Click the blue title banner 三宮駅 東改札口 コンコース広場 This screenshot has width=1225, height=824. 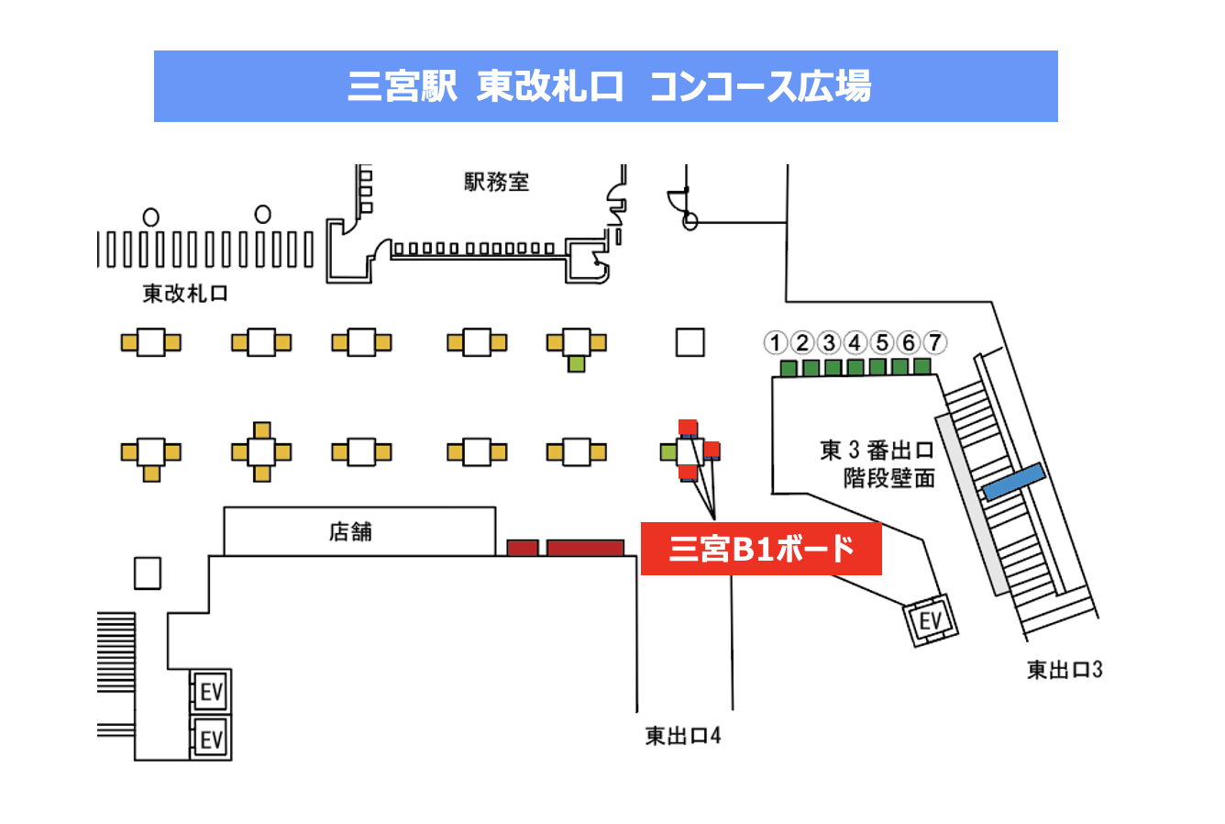tap(605, 86)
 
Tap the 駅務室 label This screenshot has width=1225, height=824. tap(496, 182)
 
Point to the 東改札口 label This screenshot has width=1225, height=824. tap(184, 294)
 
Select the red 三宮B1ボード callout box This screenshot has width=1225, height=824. tap(761, 549)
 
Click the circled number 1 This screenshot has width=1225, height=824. tap(776, 343)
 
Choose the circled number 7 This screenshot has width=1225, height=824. tap(934, 343)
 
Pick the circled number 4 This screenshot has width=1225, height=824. tap(855, 343)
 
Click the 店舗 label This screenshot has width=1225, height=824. tap(350, 532)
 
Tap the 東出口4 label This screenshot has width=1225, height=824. tap(683, 736)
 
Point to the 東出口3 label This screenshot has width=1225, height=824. tap(1065, 670)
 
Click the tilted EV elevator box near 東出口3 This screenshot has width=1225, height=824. tap(931, 622)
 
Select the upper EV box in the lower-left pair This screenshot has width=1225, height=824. tap(211, 692)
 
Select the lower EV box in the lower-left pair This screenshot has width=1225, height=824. tap(211, 739)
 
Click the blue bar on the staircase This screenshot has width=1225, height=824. tap(1014, 482)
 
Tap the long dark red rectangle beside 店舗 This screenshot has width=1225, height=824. tap(585, 548)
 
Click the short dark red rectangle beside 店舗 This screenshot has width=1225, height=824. tap(523, 548)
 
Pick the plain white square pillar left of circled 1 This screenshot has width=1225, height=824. tap(690, 342)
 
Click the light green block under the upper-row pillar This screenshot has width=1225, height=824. tap(576, 363)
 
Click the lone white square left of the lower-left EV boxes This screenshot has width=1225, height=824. tap(148, 573)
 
